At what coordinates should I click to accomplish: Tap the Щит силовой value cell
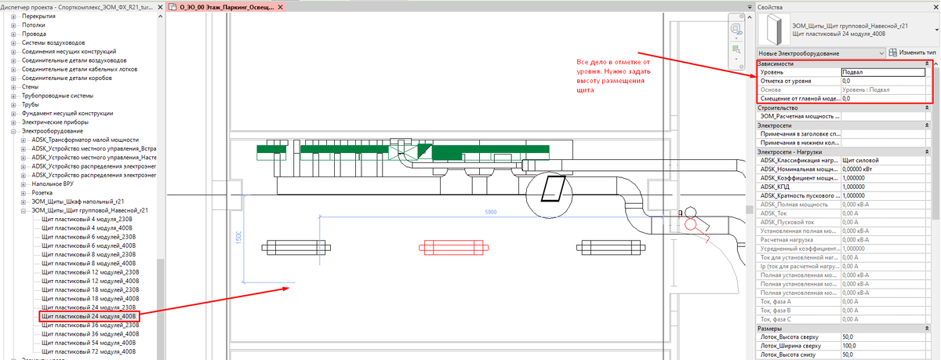point(882,161)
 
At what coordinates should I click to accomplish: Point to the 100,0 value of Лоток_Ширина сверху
point(882,346)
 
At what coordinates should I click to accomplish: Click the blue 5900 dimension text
point(491,212)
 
